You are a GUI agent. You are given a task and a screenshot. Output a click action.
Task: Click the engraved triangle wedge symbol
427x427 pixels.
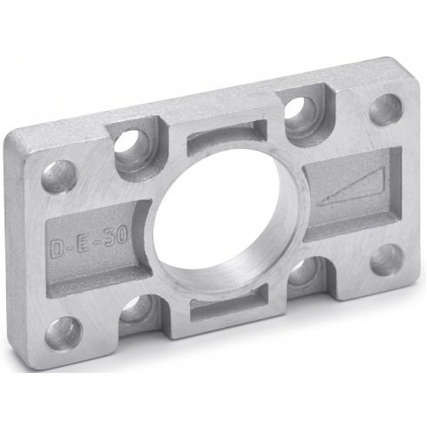350,187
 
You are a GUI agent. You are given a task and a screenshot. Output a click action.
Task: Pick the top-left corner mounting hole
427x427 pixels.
60,175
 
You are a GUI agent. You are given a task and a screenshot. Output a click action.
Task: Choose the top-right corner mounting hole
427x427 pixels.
387,111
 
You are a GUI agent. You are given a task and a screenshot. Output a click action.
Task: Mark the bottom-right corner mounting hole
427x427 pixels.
388,260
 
